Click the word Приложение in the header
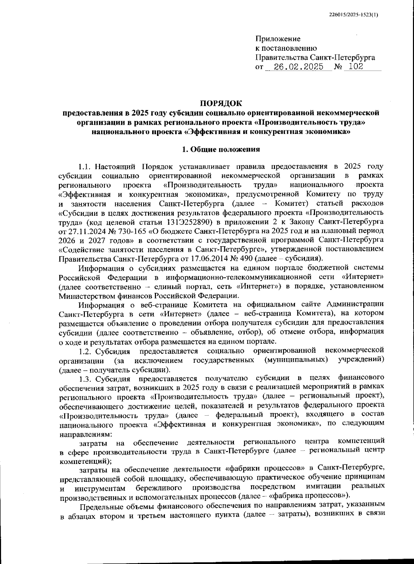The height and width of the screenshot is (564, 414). click(278, 39)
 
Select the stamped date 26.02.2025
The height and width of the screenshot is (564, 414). click(298, 67)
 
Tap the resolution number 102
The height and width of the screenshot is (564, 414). click(356, 67)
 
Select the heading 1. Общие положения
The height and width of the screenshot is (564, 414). click(221, 149)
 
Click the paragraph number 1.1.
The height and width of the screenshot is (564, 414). click(85, 167)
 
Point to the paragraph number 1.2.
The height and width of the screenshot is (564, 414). click(85, 351)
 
